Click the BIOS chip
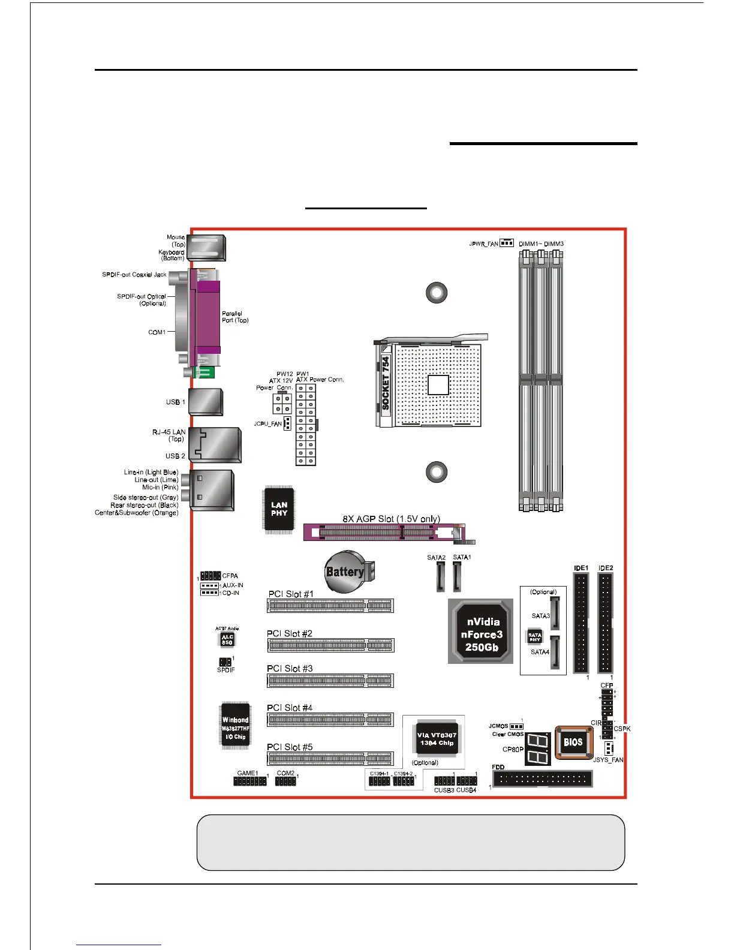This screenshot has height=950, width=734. point(573,742)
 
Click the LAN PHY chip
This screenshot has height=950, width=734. point(279,509)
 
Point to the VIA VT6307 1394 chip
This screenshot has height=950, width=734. point(437,739)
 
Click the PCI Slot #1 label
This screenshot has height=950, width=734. point(290,594)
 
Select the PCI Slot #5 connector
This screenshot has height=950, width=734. point(330,759)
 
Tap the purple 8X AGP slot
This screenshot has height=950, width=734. point(378,532)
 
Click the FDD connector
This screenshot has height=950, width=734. point(542,779)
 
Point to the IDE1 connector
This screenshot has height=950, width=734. point(581,623)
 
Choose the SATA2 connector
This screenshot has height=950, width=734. point(440,577)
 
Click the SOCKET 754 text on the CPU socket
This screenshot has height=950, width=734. point(386,383)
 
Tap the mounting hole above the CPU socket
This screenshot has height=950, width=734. point(437,293)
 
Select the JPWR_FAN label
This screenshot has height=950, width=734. point(483,244)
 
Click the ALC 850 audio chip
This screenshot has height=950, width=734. point(227,640)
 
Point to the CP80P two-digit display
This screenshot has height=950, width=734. point(537,749)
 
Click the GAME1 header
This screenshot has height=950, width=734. point(249,781)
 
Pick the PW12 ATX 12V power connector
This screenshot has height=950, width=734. point(281,403)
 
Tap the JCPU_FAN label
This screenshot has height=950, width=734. point(267,424)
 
